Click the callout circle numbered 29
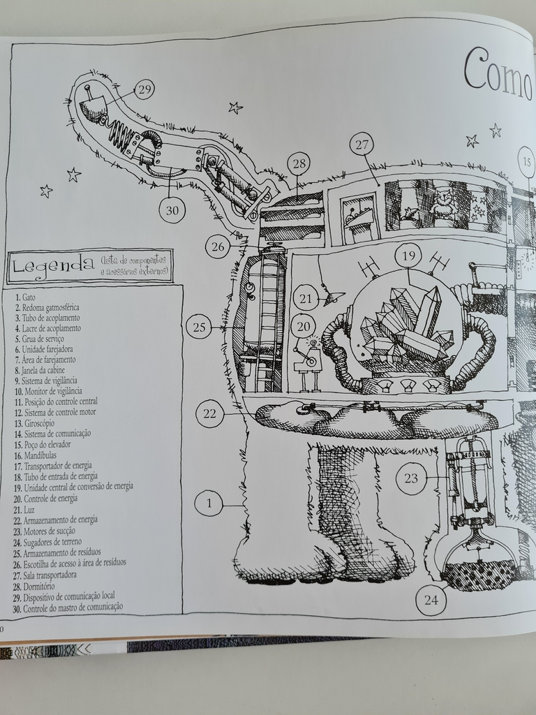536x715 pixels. click(144, 89)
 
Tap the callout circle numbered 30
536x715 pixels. click(172, 209)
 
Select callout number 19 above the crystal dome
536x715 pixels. click(408, 256)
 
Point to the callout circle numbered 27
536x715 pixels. click(361, 145)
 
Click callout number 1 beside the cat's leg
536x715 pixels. click(208, 503)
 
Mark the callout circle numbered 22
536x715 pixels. click(210, 413)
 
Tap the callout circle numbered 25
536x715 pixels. click(200, 326)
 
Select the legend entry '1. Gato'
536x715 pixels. click(25, 297)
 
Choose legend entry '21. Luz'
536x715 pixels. click(29, 509)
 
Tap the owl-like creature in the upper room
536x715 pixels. click(443, 202)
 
